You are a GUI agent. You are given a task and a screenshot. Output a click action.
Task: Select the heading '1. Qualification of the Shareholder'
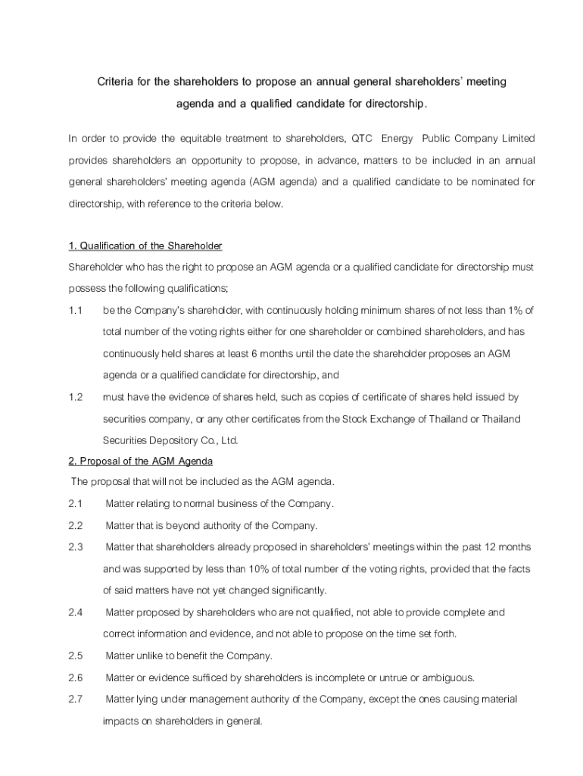point(145,246)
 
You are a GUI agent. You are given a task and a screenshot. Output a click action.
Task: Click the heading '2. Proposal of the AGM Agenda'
point(141,461)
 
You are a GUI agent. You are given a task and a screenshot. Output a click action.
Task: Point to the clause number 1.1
point(75,311)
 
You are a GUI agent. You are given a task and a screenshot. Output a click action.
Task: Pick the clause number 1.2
point(75,397)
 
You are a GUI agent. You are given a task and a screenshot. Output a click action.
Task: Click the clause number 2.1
point(75,503)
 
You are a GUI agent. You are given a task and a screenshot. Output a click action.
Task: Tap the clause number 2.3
point(75,546)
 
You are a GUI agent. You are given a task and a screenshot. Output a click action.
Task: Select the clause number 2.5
point(75,656)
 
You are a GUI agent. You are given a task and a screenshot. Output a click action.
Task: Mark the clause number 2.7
point(75,699)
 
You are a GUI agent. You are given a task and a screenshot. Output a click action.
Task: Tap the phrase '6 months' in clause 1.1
point(273,354)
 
